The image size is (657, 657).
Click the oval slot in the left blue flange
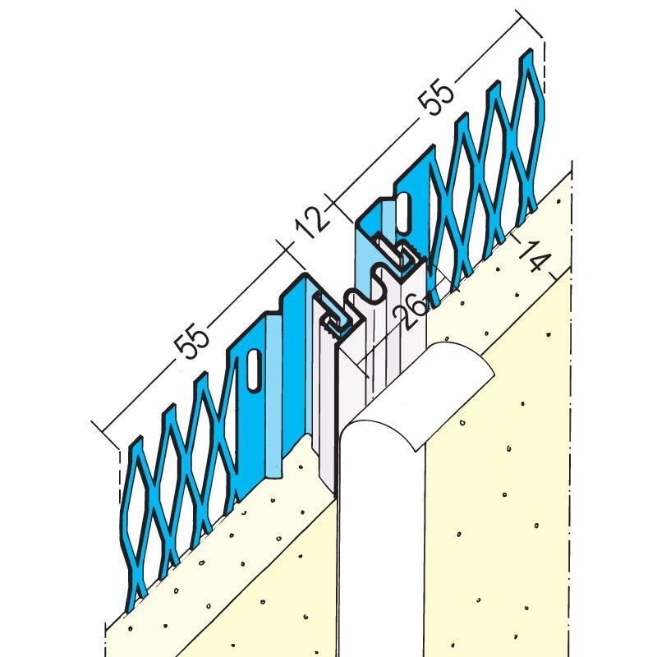point(254,369)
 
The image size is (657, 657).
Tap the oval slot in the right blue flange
point(404,211)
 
